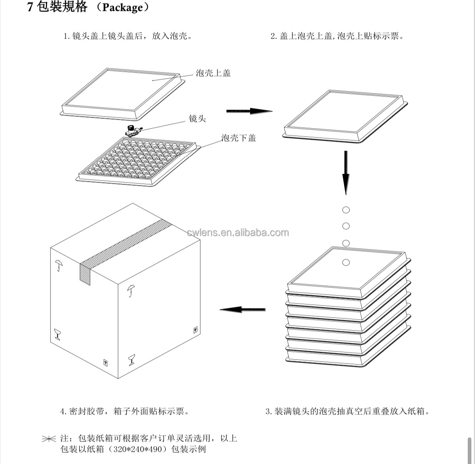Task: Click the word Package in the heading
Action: pyautogui.click(x=122, y=8)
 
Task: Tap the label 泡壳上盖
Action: pyautogui.click(x=213, y=73)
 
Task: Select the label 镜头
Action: pyautogui.click(x=197, y=119)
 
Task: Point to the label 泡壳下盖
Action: pyautogui.click(x=239, y=138)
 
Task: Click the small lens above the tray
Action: pyautogui.click(x=132, y=130)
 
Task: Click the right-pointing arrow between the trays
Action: pyautogui.click(x=249, y=111)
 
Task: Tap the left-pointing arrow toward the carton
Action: pyautogui.click(x=242, y=310)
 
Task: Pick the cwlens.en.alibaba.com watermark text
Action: pyautogui.click(x=238, y=233)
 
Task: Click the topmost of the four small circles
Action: pyautogui.click(x=346, y=210)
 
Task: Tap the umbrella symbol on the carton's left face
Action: pyautogui.click(x=59, y=265)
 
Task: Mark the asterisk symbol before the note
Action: pyautogui.click(x=49, y=439)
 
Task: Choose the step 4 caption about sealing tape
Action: pyautogui.click(x=124, y=412)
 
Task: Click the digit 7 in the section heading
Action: pyautogui.click(x=30, y=8)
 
